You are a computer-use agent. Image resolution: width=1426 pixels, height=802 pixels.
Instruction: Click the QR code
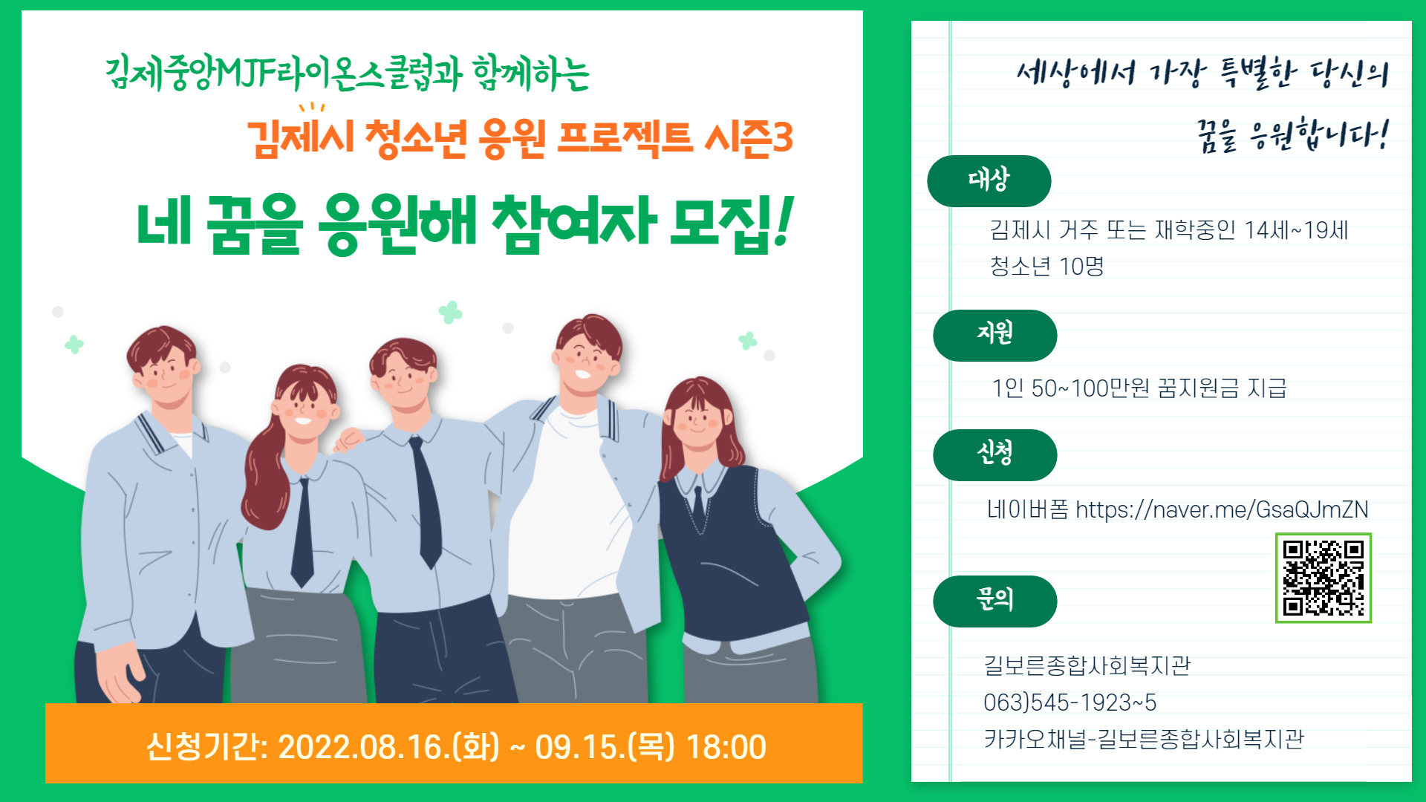point(1323,578)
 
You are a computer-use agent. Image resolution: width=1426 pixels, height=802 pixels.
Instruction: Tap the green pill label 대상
point(989,180)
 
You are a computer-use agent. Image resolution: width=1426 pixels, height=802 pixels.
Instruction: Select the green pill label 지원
point(994,335)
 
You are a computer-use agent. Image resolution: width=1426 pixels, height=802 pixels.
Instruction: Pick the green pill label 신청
point(994,454)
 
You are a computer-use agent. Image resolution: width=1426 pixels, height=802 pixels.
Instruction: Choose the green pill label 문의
point(994,601)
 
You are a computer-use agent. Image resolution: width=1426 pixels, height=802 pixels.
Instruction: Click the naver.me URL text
point(1222,509)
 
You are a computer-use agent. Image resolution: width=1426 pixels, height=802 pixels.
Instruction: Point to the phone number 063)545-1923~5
point(1069,702)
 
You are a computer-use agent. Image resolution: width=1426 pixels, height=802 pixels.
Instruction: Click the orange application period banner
point(454,743)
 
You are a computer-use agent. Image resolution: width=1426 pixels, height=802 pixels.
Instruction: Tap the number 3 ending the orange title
point(783,137)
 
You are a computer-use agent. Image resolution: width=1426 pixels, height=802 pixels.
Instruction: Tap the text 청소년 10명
point(1046,266)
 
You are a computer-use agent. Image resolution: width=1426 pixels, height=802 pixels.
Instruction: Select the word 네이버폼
point(1027,509)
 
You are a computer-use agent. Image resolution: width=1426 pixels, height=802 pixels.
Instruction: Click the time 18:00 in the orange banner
point(726,747)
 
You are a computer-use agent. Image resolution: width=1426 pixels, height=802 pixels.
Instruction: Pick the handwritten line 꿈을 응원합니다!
point(1292,134)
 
